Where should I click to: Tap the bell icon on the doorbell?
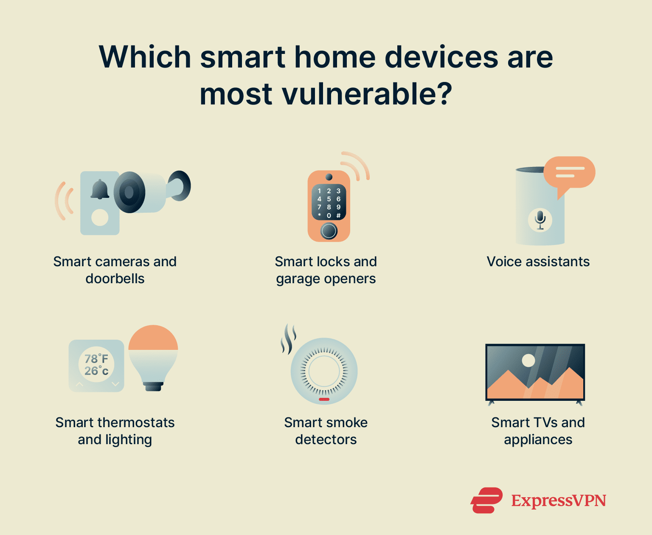[x=100, y=189]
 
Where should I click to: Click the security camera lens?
[x=129, y=192]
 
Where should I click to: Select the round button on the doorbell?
[x=100, y=218]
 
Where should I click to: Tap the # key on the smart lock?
[x=338, y=216]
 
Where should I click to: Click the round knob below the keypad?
[x=329, y=231]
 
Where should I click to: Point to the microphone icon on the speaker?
[x=540, y=220]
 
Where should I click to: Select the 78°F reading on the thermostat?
[x=96, y=359]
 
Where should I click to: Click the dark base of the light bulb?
[x=153, y=386]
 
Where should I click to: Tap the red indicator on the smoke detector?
[x=324, y=399]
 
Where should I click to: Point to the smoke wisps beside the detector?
[x=288, y=338]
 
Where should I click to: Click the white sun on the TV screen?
[x=528, y=360]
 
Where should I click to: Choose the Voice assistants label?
[x=538, y=262]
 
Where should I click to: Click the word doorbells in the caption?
[x=115, y=279]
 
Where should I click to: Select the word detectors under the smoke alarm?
[x=326, y=439]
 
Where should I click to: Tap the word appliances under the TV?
[x=538, y=440]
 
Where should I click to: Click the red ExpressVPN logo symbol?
[x=486, y=500]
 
